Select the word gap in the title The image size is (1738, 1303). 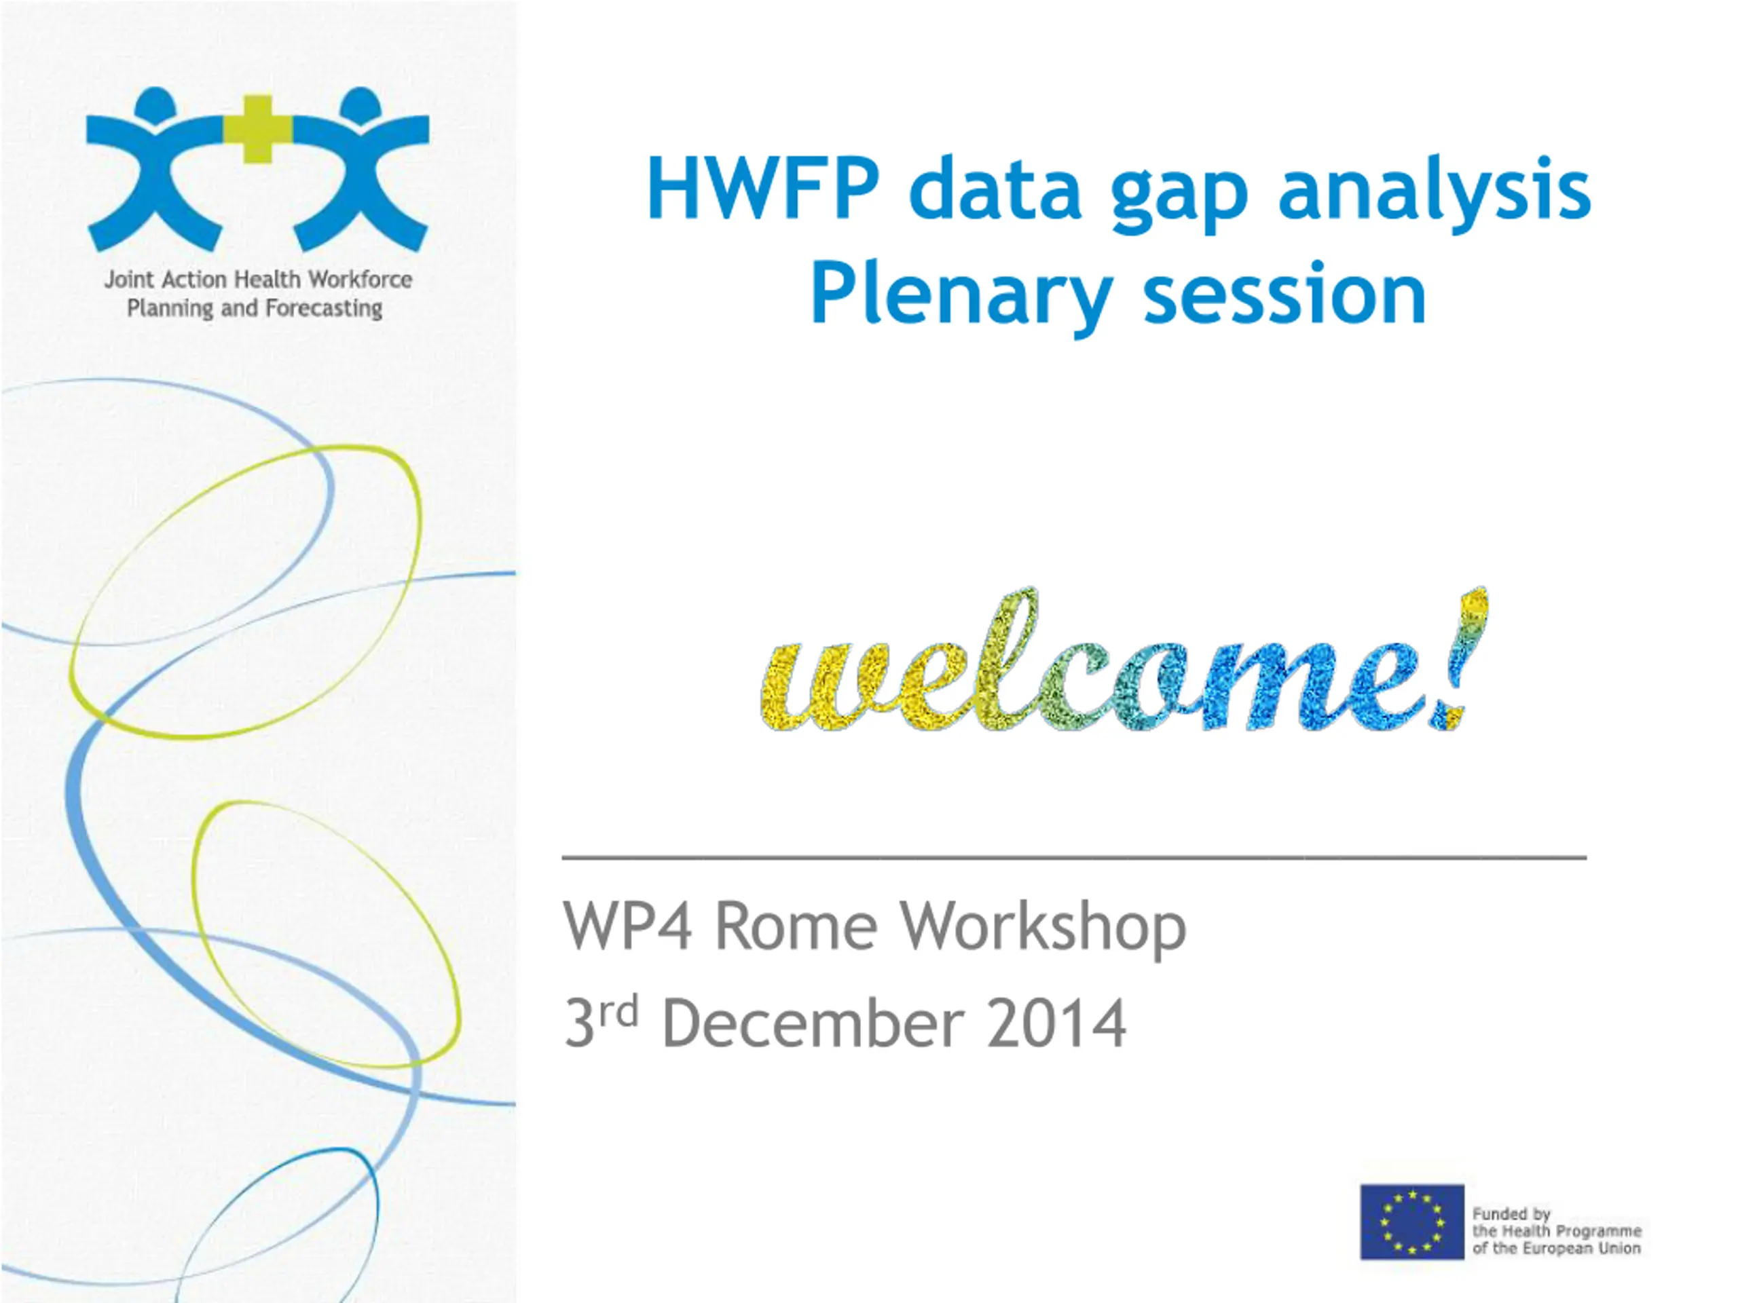1179,196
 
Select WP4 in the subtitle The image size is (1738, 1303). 627,927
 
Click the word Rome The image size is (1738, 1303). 795,927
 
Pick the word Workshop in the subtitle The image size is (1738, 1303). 1043,930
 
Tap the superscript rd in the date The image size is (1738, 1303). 618,1013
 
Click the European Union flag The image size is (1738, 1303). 1412,1222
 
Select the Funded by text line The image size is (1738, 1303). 1510,1214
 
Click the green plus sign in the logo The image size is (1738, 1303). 257,129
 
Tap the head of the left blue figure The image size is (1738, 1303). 155,105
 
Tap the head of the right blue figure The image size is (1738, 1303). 360,105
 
